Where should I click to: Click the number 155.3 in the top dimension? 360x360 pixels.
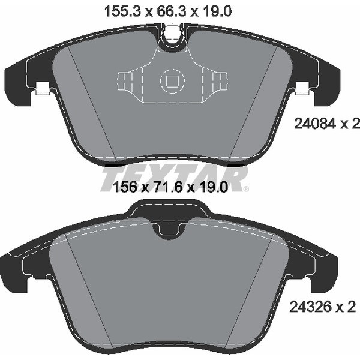point(118,10)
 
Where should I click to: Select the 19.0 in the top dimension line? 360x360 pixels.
point(218,10)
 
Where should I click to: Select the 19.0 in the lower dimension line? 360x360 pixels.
point(214,187)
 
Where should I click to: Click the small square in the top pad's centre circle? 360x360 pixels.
point(172,81)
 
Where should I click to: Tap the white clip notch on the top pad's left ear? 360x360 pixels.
point(43,89)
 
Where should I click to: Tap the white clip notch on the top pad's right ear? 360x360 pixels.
point(303,89)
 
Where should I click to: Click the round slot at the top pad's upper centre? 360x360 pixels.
point(173,37)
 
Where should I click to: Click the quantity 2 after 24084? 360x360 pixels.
point(355,124)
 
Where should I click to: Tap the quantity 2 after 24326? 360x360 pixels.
point(352,307)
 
